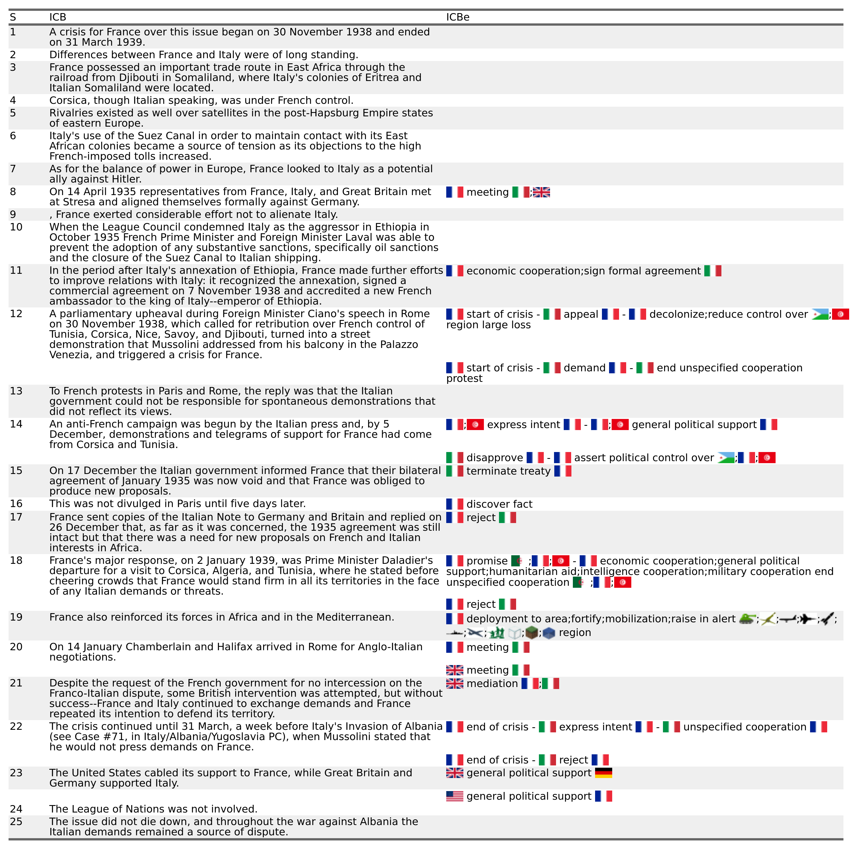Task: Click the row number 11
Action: click(16, 270)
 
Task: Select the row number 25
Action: click(16, 822)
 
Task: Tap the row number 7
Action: click(13, 169)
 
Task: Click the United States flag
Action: click(455, 796)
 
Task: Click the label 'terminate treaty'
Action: click(508, 471)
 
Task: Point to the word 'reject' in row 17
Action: click(481, 517)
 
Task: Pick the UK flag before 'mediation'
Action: click(455, 684)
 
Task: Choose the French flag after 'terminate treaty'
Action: click(563, 471)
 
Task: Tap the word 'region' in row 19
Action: click(575, 633)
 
